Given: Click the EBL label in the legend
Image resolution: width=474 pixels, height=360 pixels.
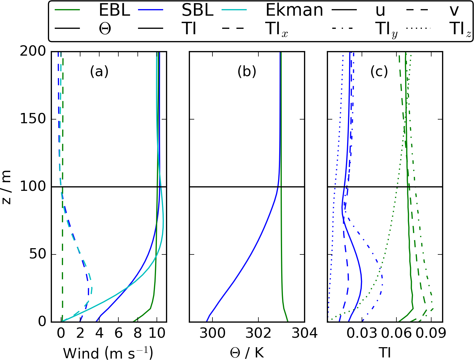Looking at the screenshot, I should click(114, 10).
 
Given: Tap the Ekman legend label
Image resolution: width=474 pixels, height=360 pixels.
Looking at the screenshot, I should click(294, 10).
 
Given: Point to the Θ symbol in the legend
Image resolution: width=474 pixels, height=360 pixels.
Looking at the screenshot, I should click(105, 29).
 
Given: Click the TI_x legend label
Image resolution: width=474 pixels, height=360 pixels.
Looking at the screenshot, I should click(277, 29).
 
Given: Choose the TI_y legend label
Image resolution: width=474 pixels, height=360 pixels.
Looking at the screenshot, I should click(386, 30).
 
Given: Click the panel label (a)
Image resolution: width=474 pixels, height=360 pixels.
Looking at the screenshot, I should click(99, 71).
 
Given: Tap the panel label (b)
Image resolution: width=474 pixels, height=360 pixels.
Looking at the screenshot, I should click(247, 71).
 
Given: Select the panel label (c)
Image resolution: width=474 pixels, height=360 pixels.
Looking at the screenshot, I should click(379, 71).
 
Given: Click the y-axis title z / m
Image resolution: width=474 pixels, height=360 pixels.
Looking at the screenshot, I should click(6, 187).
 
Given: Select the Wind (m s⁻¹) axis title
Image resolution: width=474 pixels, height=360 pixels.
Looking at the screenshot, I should click(108, 353).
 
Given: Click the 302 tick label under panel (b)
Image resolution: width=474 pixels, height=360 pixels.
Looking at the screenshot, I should click(258, 333).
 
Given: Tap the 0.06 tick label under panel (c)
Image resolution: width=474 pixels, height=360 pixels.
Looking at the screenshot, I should click(396, 333).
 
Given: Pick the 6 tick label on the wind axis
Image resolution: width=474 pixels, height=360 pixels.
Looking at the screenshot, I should click(118, 333).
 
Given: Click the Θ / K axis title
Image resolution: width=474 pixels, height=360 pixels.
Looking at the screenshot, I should click(247, 353).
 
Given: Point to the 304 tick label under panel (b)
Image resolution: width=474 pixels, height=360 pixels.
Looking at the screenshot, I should click(304, 333).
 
